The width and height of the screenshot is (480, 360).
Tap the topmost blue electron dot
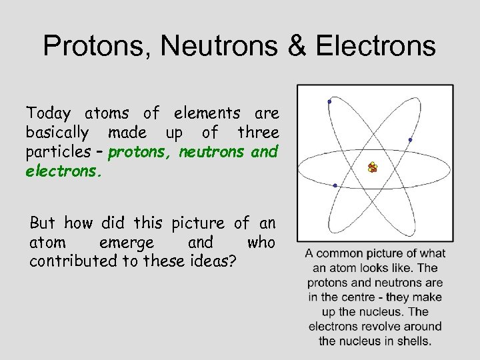329,101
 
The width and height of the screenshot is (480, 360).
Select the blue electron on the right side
410,139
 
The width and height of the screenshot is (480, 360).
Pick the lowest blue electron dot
335,185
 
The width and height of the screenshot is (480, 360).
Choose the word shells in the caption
414,341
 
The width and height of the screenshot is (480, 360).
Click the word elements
202,113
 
